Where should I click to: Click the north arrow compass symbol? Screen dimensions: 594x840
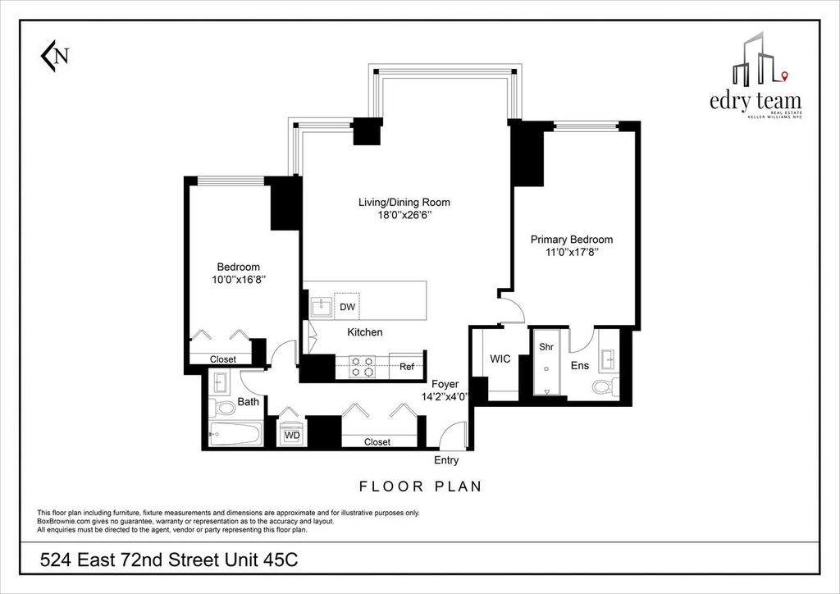coord(55,56)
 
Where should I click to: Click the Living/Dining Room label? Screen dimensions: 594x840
coord(404,202)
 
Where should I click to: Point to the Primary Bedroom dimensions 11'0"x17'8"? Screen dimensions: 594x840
coord(571,254)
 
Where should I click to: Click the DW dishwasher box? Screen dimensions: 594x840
coord(347,307)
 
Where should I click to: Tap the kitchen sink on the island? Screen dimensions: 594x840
coord(319,307)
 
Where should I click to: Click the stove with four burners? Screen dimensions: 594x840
coord(363,367)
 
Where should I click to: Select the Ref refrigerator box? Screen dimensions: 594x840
coord(406,367)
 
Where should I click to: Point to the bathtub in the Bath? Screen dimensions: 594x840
coord(235,435)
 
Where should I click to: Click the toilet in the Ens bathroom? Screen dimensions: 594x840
coord(603,387)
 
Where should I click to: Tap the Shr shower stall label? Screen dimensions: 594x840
coord(546,347)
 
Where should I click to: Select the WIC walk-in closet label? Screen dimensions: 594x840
coord(501,359)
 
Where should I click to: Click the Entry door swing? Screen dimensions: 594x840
coord(451,435)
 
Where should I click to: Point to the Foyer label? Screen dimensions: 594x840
coord(445,384)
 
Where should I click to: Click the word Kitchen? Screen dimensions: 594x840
coord(365,332)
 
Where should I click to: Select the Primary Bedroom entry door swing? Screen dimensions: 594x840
coord(510,310)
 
